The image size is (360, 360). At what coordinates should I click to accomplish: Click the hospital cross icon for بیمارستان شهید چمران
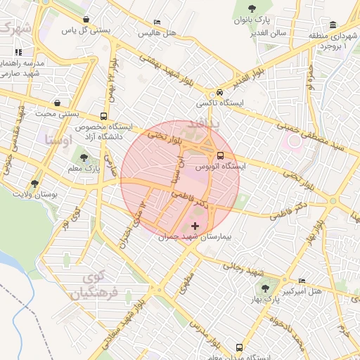[195, 225]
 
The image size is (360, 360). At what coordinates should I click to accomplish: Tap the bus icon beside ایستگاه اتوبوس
[221, 155]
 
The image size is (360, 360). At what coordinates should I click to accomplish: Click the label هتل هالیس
[155, 33]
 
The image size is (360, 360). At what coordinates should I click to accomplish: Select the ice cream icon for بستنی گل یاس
[86, 19]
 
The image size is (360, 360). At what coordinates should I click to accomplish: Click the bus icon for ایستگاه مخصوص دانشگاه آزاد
[104, 116]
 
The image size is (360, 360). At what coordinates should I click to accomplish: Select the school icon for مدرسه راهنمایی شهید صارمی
[18, 52]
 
